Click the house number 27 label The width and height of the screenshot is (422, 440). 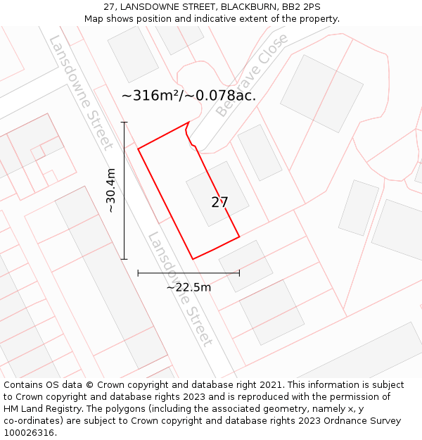(219, 203)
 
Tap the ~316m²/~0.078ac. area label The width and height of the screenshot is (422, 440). (188, 96)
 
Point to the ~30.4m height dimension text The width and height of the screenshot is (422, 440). (110, 190)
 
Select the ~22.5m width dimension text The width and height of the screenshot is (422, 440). (188, 287)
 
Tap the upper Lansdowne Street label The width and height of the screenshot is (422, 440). (81, 93)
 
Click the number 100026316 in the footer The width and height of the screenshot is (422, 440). (29, 433)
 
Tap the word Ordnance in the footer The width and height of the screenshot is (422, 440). (345, 421)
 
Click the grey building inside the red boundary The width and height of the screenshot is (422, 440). (217, 194)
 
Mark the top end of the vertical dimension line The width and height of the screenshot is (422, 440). (124, 122)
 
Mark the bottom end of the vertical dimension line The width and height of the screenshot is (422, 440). (124, 259)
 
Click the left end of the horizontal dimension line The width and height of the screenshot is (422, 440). (139, 272)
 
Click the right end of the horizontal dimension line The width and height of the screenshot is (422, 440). (240, 272)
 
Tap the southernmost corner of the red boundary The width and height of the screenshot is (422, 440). (193, 259)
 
